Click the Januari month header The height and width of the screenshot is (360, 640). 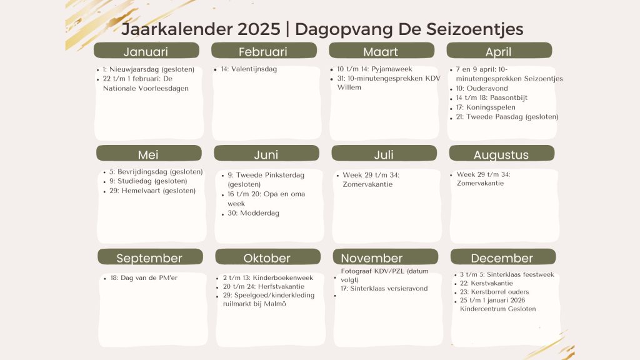146,51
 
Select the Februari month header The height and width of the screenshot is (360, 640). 264,51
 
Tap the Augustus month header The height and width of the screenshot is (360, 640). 502,154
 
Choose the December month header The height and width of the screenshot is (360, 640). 503,257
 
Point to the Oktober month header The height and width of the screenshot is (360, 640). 267,257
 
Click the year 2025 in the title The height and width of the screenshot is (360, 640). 259,29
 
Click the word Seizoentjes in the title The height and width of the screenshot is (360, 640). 475,29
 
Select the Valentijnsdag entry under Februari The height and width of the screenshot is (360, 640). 249,69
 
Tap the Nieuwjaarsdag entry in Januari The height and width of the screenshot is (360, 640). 149,69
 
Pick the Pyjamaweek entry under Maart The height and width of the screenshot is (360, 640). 375,69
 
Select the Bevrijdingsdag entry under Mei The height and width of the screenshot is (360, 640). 156,172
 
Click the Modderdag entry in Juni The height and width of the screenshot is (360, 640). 254,213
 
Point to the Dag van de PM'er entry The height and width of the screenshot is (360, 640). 144,277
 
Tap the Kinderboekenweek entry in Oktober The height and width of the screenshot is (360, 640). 268,277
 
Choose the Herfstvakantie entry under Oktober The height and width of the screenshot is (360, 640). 264,286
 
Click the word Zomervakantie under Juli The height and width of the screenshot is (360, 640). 367,184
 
